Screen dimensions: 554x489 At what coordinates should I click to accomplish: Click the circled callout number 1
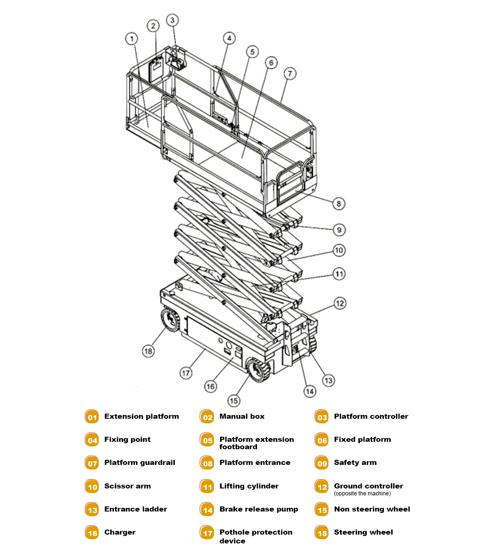[x=132, y=38]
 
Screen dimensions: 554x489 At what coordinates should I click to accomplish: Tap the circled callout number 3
[x=172, y=20]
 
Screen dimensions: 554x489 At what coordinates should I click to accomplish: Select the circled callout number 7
[x=289, y=73]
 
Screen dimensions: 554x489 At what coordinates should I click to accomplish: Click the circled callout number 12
[x=340, y=303]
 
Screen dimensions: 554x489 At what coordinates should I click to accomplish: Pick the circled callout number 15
[x=234, y=400]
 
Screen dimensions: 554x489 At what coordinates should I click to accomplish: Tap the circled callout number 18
[x=148, y=351]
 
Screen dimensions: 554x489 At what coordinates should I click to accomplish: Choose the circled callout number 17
[x=185, y=373]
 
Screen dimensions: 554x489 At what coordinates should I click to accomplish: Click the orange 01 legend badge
[x=92, y=417]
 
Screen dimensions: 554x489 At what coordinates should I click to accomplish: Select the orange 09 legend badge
[x=322, y=463]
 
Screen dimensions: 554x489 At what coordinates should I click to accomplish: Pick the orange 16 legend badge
[x=92, y=533]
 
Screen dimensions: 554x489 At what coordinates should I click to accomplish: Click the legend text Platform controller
[x=371, y=416]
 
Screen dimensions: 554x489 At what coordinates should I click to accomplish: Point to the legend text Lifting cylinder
[x=249, y=486]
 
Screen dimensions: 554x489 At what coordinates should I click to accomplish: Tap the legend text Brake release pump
[x=258, y=509]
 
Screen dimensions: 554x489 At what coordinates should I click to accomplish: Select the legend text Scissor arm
[x=127, y=486]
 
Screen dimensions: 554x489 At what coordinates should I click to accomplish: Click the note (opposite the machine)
[x=362, y=494]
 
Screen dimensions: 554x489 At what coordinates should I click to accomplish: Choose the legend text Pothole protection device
[x=256, y=536]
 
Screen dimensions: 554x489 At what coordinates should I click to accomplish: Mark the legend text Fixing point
[x=127, y=440]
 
